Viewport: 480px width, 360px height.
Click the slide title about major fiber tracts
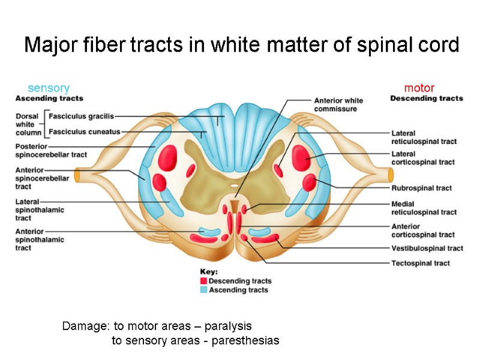coord(241,45)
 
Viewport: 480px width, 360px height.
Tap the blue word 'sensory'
coord(49,88)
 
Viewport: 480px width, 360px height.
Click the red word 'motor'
coord(419,88)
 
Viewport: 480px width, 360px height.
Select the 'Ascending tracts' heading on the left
coord(49,98)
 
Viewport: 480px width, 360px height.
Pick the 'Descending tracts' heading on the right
coord(427,98)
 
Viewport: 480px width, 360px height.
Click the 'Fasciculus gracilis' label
coord(81,116)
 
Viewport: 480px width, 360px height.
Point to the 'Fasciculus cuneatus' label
coord(85,131)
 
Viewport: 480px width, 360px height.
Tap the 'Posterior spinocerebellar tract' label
coord(51,149)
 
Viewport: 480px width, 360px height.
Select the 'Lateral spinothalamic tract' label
coord(40,210)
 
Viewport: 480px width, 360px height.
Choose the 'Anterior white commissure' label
coord(338,104)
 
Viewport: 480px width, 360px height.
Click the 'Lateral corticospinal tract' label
coord(423,158)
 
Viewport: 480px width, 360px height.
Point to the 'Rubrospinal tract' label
coord(421,188)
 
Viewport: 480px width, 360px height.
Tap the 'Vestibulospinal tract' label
coord(427,248)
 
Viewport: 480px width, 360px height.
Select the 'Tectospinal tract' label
coord(421,263)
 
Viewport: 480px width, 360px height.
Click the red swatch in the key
coord(203,281)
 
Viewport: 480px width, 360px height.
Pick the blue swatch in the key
coord(203,290)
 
